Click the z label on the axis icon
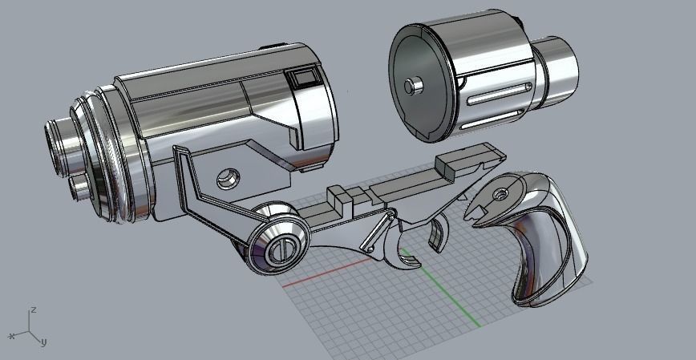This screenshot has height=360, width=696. click(33, 309)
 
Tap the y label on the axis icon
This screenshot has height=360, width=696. click(43, 342)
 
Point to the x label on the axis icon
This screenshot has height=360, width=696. click(12, 336)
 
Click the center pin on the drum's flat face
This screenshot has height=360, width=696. click(413, 85)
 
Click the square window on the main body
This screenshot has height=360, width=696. click(304, 78)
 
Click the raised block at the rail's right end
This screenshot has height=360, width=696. click(450, 164)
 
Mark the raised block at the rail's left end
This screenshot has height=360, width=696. click(341, 197)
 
